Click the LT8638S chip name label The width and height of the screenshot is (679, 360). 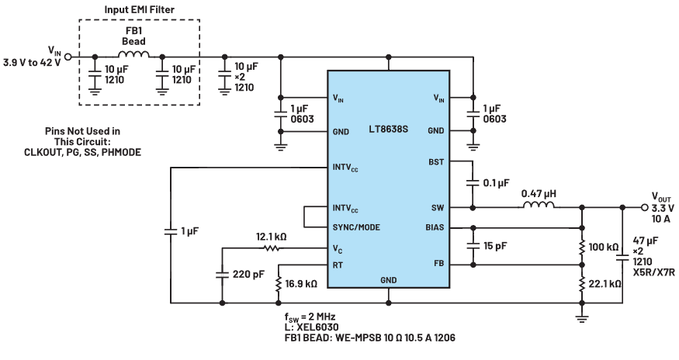pos(389,129)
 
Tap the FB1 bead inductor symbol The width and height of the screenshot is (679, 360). pos(133,54)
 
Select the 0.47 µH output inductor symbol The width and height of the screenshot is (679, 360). pos(539,205)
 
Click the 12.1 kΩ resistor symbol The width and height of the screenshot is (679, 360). pos(271,248)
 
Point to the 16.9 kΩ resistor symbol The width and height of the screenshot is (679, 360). pos(278,284)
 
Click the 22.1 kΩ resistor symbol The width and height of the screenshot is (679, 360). pos(581,284)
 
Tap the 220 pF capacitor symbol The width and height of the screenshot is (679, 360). pos(222,275)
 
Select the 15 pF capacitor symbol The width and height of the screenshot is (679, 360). pos(473,246)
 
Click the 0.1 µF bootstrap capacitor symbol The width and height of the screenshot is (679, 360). pos(473,183)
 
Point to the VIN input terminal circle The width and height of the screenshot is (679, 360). pos(68,57)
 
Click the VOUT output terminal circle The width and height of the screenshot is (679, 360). pos(645,208)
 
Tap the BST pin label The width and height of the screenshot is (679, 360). pos(436,161)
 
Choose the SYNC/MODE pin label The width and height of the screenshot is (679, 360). pos(356,227)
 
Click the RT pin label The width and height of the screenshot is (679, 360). pos(338,265)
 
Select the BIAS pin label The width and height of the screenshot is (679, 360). pos(435,227)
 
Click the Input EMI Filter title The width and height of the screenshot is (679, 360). pos(140,9)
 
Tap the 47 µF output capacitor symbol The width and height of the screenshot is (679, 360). pos(622,258)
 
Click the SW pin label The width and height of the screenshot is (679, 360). pos(438,207)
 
